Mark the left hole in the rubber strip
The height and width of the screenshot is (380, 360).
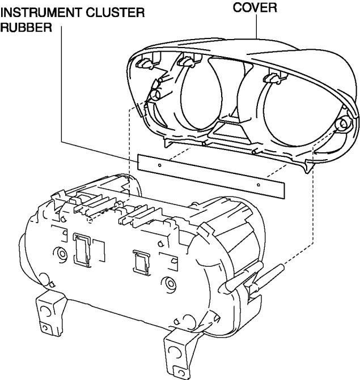click(x=160, y=165)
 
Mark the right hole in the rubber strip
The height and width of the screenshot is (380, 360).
click(x=259, y=184)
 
